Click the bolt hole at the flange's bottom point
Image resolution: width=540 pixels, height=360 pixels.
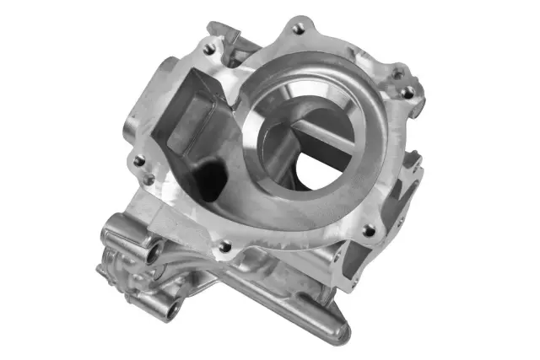click(x=224, y=246)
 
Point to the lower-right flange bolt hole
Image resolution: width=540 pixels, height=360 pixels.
click(x=368, y=229)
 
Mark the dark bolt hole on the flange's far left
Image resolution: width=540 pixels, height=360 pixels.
click(x=138, y=160)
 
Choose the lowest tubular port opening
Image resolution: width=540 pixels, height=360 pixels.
click(x=172, y=314)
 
